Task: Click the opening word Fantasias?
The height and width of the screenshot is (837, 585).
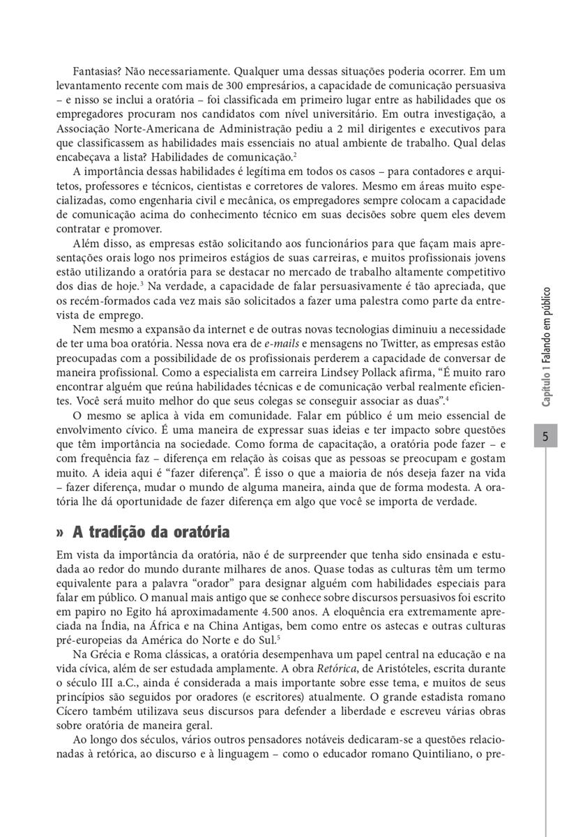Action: pyautogui.click(x=98, y=71)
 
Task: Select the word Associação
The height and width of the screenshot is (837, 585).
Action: pyautogui.click(x=86, y=128)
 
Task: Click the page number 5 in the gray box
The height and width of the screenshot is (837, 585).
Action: pyautogui.click(x=547, y=438)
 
